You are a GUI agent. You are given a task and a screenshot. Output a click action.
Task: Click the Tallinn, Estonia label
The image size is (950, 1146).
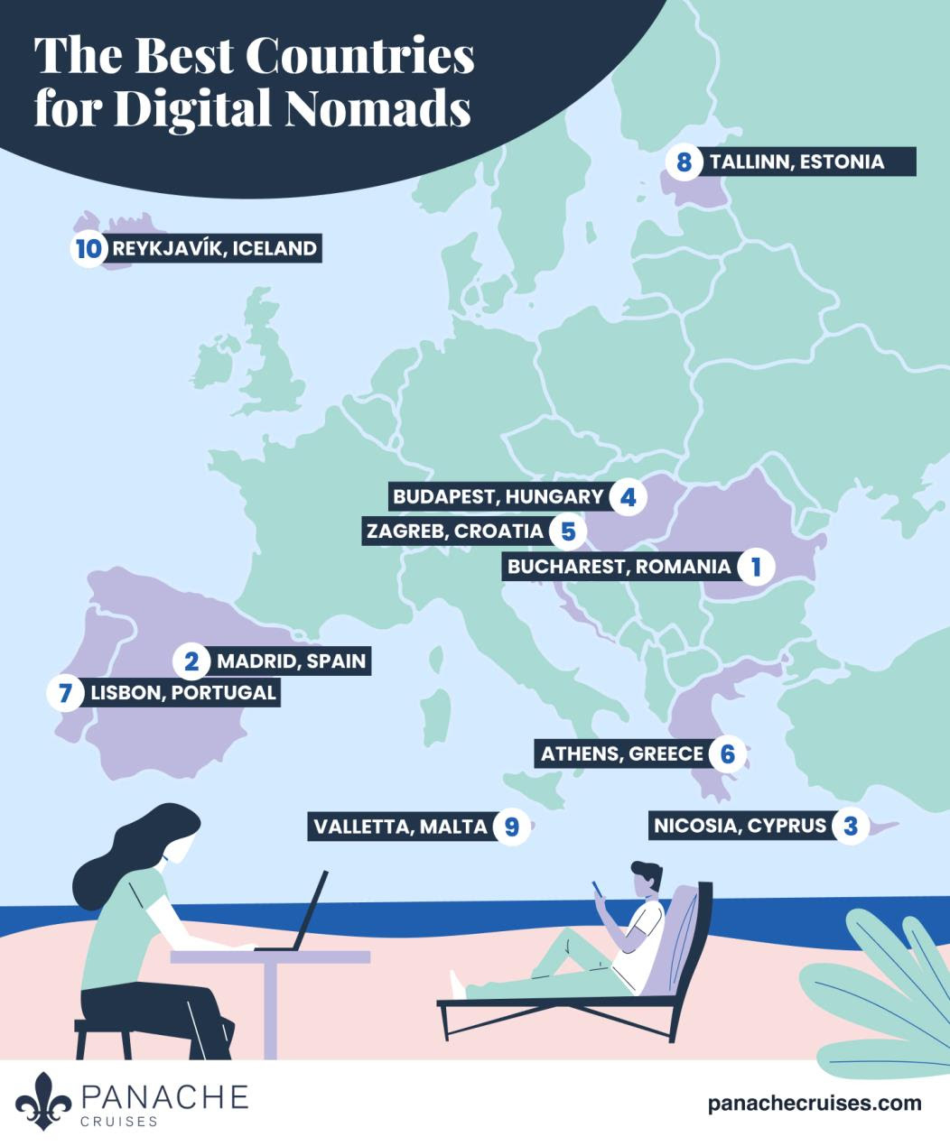796,162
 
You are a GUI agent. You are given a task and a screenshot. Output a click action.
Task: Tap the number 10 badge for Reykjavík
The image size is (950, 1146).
88,249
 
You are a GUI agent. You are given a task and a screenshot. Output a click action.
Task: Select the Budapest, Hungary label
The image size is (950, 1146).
498,496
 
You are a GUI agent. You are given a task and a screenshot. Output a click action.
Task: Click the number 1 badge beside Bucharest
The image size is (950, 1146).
755,567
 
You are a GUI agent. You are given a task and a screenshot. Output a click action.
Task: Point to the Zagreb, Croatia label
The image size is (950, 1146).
454,531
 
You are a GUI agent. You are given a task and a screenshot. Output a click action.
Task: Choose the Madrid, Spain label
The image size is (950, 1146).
291,661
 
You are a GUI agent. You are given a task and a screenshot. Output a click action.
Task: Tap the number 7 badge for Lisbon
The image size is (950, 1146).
64,693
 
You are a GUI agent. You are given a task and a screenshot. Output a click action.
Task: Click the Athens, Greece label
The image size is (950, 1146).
621,753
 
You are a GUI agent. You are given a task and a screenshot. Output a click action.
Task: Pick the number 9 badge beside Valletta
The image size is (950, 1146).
512,826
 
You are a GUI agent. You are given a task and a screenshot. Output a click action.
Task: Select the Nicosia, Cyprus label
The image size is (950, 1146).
739,826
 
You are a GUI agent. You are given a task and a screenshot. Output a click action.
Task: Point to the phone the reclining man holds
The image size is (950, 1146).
597,890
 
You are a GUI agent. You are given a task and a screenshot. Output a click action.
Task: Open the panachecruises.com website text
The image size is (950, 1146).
815,1103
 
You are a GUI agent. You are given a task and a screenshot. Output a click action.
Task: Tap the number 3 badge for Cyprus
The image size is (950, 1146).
850,826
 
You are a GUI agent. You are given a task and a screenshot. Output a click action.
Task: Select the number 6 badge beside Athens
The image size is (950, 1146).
728,753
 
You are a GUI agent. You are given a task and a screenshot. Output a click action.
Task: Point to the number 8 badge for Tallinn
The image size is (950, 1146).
684,162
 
